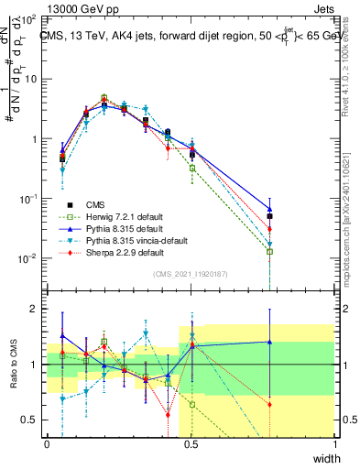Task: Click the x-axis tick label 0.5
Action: (x=191, y=444)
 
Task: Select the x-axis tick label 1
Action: (x=334, y=444)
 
